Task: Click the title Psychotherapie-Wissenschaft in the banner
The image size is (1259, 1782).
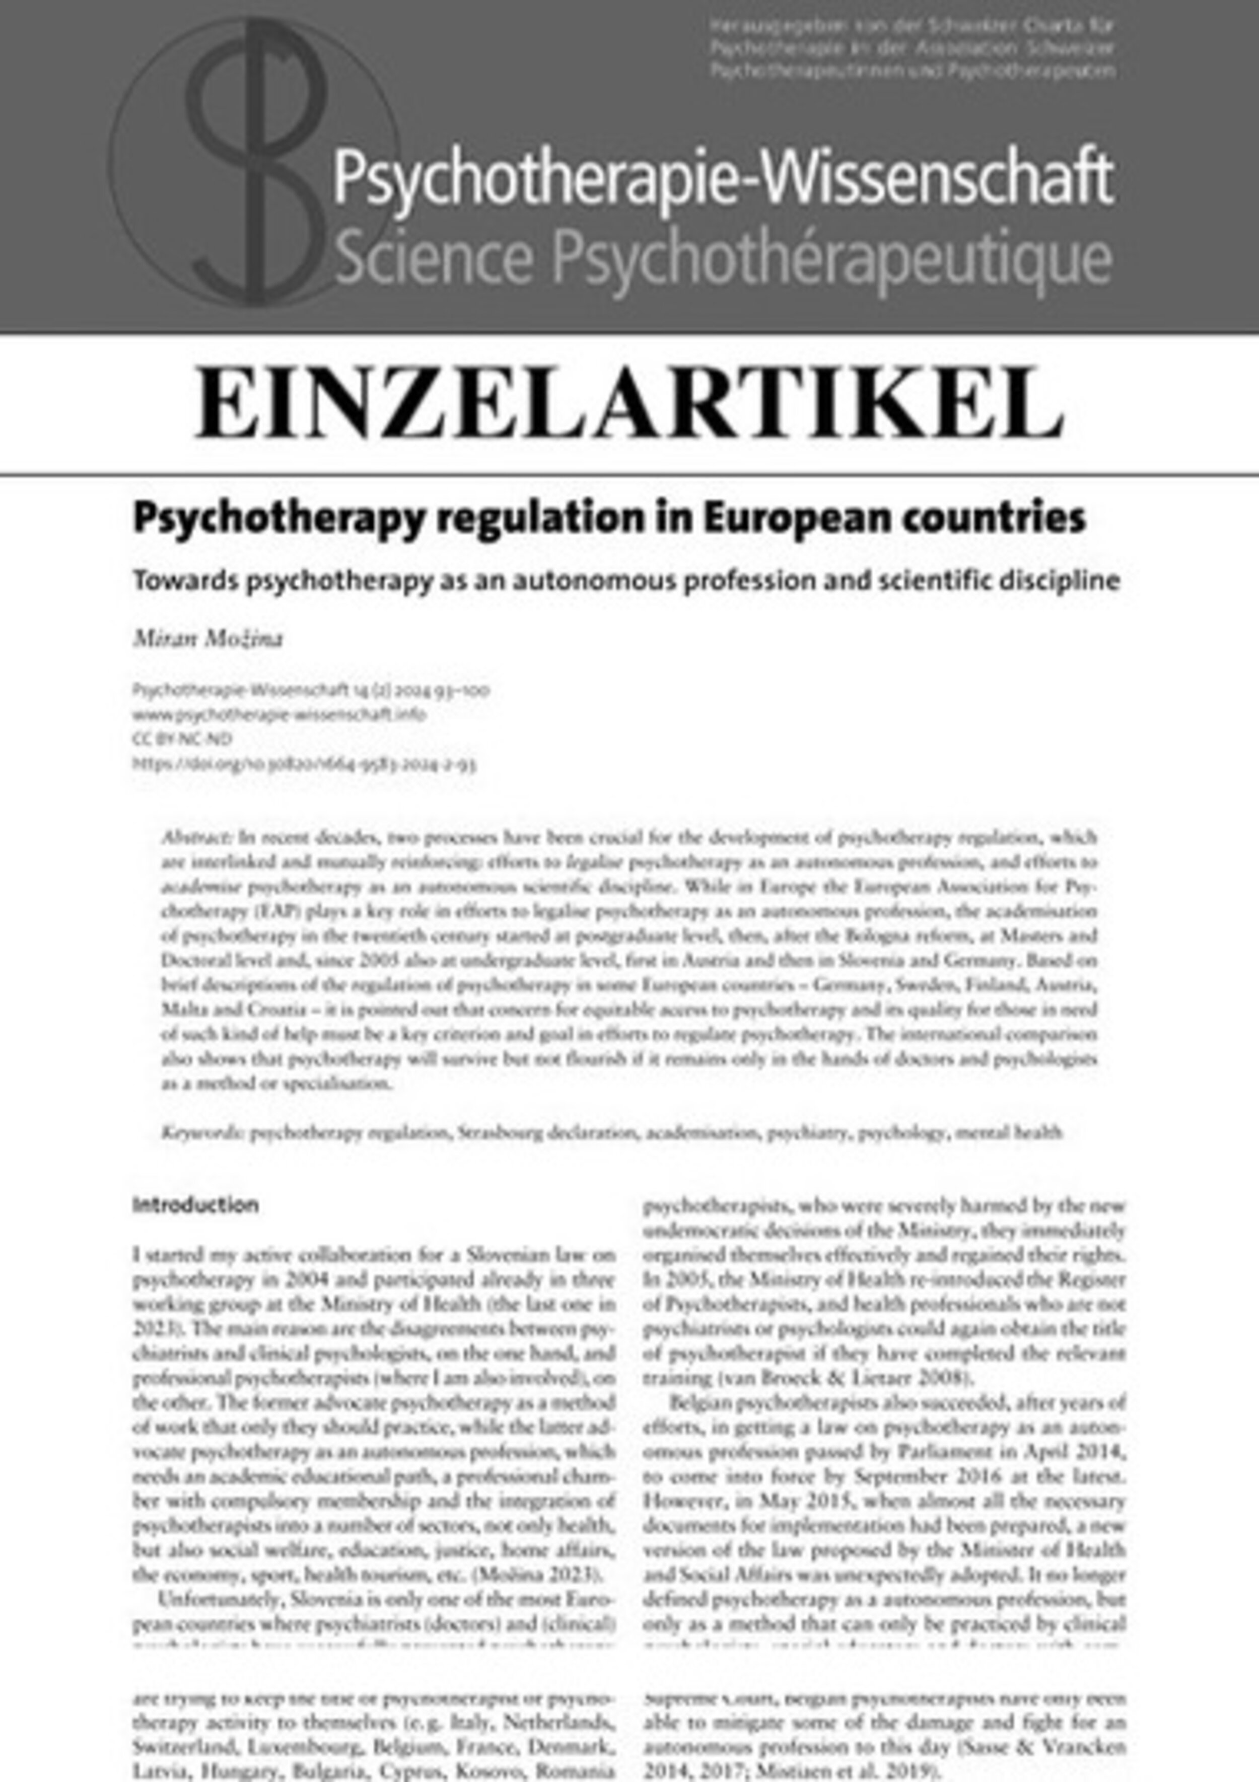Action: click(x=722, y=179)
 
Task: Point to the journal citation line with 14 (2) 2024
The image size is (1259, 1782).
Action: click(x=311, y=690)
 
